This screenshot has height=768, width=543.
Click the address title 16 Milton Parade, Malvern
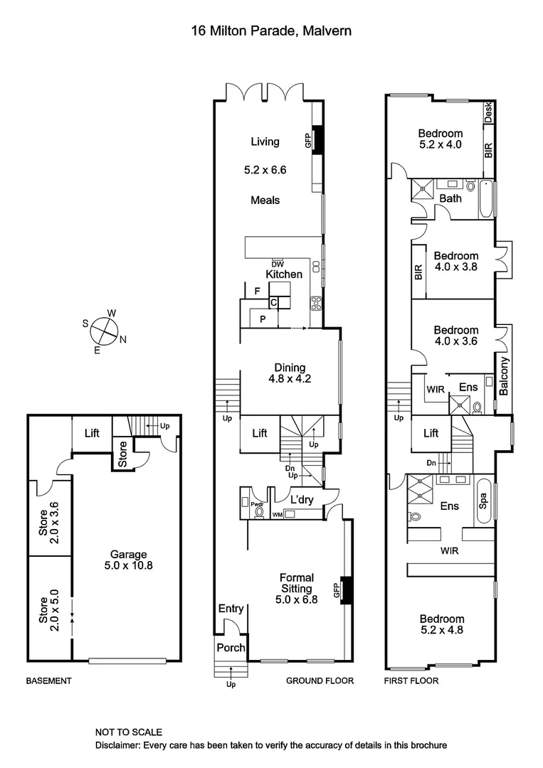point(270,31)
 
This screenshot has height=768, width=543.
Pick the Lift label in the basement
point(92,433)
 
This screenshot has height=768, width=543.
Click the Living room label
point(265,142)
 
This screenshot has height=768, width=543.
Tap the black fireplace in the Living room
point(318,138)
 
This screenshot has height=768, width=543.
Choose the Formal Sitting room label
point(296,583)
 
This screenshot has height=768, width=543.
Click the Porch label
point(231,648)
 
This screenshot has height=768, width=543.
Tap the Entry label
point(231,609)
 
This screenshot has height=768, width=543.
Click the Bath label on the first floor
point(450,198)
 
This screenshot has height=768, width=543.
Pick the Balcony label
point(504,376)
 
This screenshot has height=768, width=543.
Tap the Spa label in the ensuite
point(484,501)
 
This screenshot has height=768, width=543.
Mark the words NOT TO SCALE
point(129,732)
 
